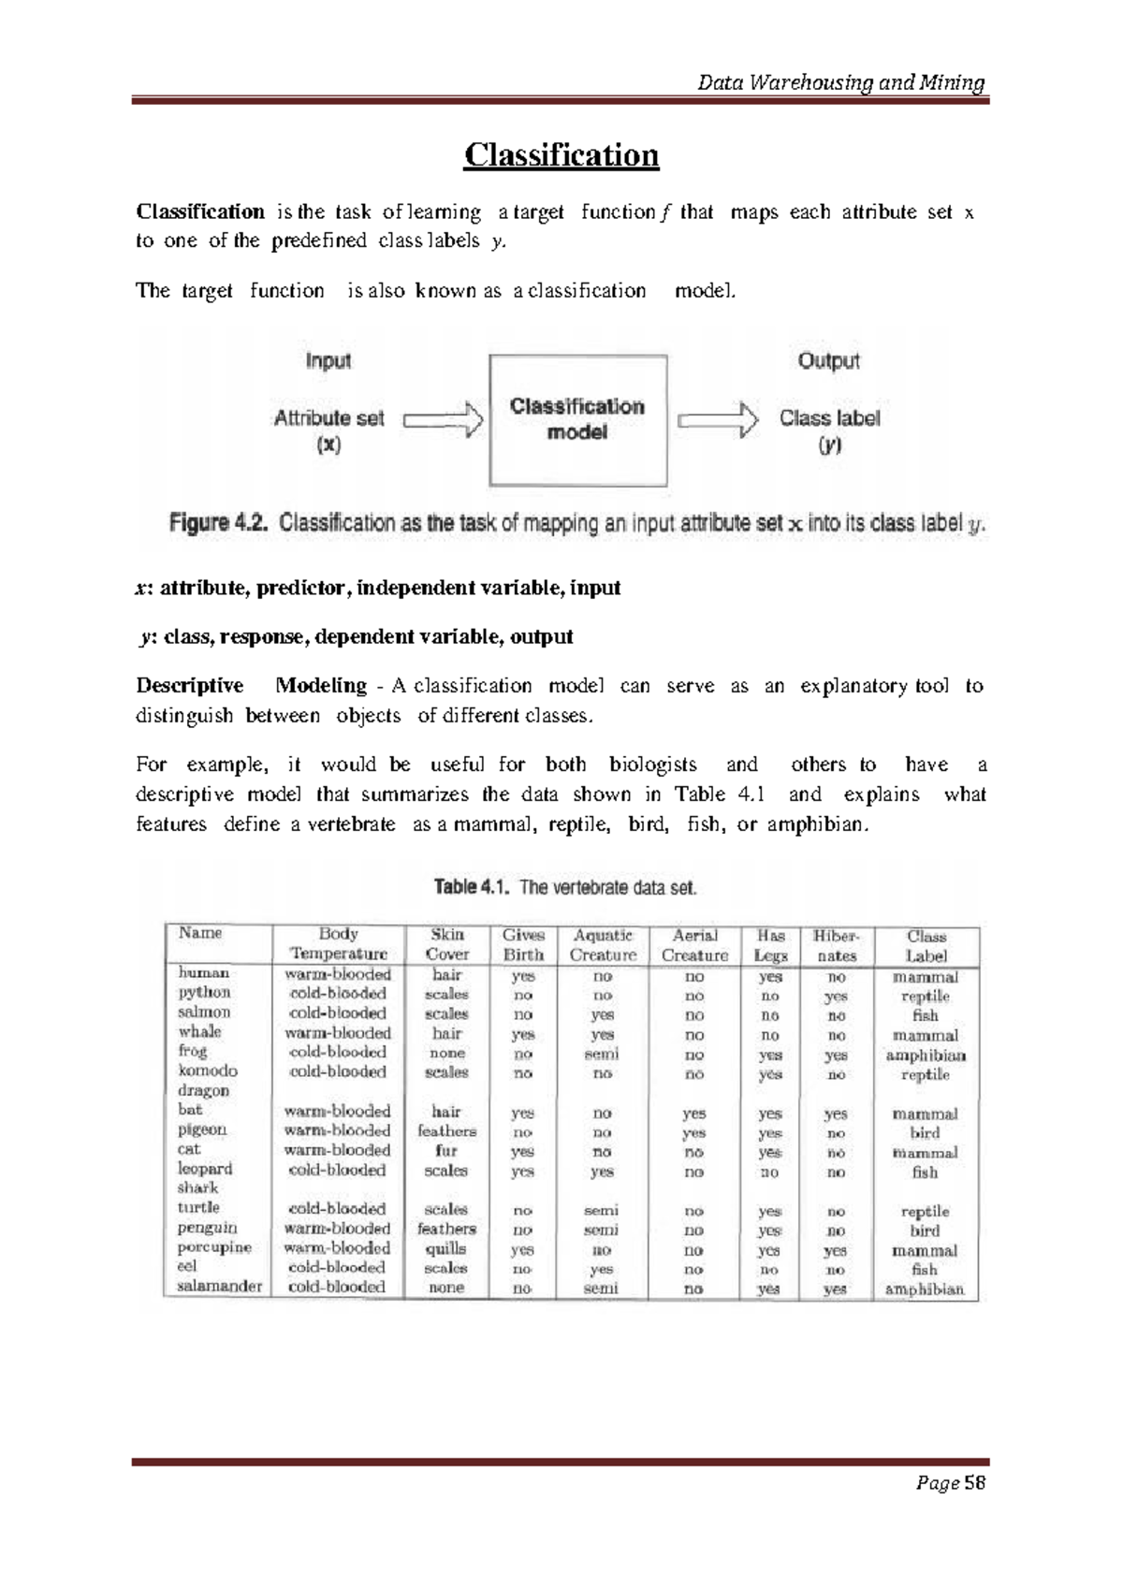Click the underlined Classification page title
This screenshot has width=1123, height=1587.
(x=561, y=154)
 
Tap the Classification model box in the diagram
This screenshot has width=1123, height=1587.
(x=577, y=420)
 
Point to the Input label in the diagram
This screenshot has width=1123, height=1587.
(x=328, y=361)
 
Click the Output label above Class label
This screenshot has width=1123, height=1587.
(x=828, y=361)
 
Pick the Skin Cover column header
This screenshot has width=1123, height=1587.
(x=446, y=944)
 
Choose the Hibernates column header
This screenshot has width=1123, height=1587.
(x=836, y=945)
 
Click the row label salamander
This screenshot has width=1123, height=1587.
(x=220, y=1286)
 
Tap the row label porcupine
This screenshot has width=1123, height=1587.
(x=214, y=1247)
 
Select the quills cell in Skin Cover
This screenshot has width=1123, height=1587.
(x=445, y=1249)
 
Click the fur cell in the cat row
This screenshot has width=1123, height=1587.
(x=445, y=1150)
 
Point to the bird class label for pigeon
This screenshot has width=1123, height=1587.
(x=925, y=1132)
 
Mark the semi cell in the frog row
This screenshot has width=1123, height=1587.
(x=602, y=1054)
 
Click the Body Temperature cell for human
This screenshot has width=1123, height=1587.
(x=337, y=974)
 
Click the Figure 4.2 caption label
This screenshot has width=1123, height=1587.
(x=219, y=522)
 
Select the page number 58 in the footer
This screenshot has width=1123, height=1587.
(x=976, y=1483)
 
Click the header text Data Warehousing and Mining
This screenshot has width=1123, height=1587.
(x=841, y=83)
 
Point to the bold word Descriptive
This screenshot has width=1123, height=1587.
(x=190, y=686)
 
